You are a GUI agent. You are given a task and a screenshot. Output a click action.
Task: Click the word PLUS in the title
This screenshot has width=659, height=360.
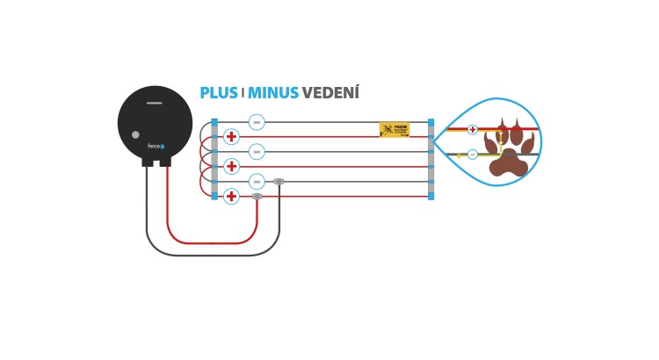pos(219,93)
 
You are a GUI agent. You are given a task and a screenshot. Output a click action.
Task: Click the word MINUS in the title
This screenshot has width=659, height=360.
pos(273,93)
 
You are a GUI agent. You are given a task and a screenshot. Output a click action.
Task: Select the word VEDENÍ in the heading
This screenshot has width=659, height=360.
pos(330,93)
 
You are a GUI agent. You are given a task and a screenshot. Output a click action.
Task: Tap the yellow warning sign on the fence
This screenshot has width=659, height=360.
pos(395,129)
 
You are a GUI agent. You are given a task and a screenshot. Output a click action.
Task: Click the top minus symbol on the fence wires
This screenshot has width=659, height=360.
pos(257,122)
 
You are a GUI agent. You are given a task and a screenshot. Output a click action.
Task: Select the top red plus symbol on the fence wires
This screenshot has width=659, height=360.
pos(231,137)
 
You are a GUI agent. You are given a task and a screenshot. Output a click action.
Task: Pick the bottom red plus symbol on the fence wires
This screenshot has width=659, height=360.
pos(231,197)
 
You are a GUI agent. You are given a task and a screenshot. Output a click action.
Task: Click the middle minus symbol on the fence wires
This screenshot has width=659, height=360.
pos(257,152)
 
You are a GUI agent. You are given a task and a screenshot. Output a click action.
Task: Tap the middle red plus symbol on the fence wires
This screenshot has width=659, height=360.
pos(231,167)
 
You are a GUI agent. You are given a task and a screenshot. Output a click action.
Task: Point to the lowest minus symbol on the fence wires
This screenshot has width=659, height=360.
pos(257,182)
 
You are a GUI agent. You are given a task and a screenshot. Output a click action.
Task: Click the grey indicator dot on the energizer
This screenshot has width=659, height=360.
pos(135,134)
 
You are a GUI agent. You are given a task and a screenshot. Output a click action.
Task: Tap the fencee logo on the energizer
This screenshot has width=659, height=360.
pos(156,147)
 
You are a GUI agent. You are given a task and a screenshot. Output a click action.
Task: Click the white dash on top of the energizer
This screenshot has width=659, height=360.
pos(155,103)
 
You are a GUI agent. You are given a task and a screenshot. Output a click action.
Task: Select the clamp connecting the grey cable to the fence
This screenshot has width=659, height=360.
pos(279,182)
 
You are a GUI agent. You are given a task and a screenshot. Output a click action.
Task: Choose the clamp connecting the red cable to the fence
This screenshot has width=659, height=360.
pos(257,197)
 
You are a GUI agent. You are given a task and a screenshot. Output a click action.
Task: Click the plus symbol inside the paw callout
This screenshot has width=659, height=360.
pos(473,130)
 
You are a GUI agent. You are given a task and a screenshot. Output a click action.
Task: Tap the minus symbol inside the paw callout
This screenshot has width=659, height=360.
pos(473,155)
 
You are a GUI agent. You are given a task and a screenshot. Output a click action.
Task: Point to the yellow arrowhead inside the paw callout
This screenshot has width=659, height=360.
pos(460,155)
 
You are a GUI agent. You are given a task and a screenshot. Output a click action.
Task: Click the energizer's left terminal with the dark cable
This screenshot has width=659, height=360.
pos(148,162)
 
